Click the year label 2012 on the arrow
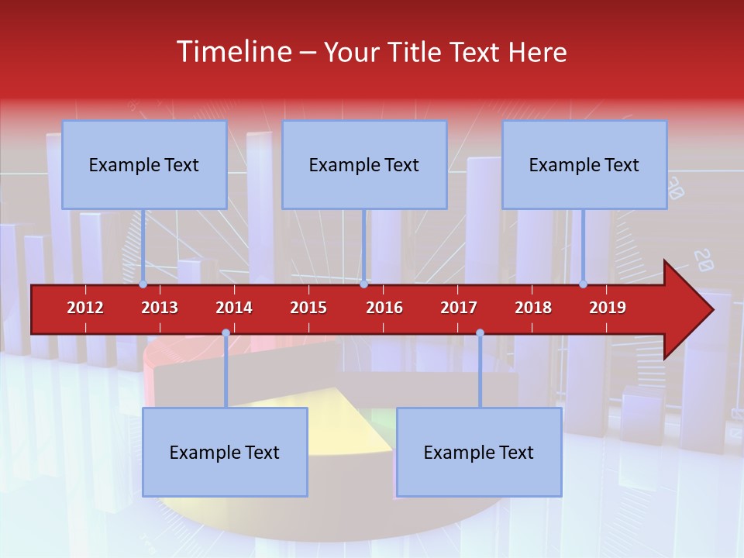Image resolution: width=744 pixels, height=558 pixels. point(85,308)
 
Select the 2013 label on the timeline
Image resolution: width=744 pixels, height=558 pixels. point(160,308)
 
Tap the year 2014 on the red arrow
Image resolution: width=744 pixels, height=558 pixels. point(234,308)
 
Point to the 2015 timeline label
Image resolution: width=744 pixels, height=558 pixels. point(308,308)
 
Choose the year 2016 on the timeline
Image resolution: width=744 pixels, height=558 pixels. point(384,308)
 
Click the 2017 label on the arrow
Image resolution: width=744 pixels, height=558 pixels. point(459,308)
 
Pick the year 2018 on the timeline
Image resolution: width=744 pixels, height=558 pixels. point(533,308)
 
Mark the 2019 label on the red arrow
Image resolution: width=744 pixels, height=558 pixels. point(608,308)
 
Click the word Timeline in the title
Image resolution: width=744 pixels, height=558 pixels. point(233,52)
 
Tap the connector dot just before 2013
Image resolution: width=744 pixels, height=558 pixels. point(143,284)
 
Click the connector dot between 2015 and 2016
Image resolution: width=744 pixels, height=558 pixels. point(363,284)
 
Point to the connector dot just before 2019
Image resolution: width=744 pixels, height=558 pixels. point(584,284)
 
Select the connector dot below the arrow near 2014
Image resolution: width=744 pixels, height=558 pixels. point(226,333)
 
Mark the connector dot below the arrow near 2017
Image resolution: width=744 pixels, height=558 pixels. point(480,333)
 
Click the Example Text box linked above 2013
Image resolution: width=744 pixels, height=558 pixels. point(144,164)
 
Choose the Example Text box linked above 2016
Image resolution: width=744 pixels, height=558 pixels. point(364,164)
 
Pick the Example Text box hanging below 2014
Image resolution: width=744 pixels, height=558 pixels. point(225,452)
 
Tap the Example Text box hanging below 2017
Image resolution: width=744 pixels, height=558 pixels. point(479,452)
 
